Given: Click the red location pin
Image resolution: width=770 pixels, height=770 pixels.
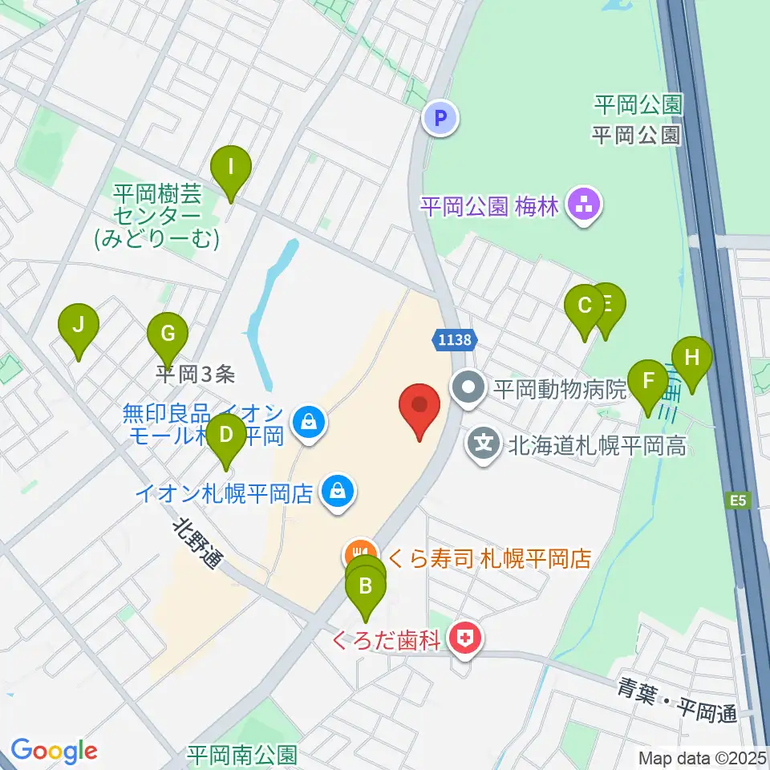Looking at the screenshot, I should coord(420,407).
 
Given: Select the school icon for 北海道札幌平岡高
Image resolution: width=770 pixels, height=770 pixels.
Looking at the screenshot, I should coord(484,444).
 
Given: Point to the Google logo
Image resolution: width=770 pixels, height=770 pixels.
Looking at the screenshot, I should coord(54,751).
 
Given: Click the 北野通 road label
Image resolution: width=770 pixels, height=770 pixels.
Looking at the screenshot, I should coord(198,544).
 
